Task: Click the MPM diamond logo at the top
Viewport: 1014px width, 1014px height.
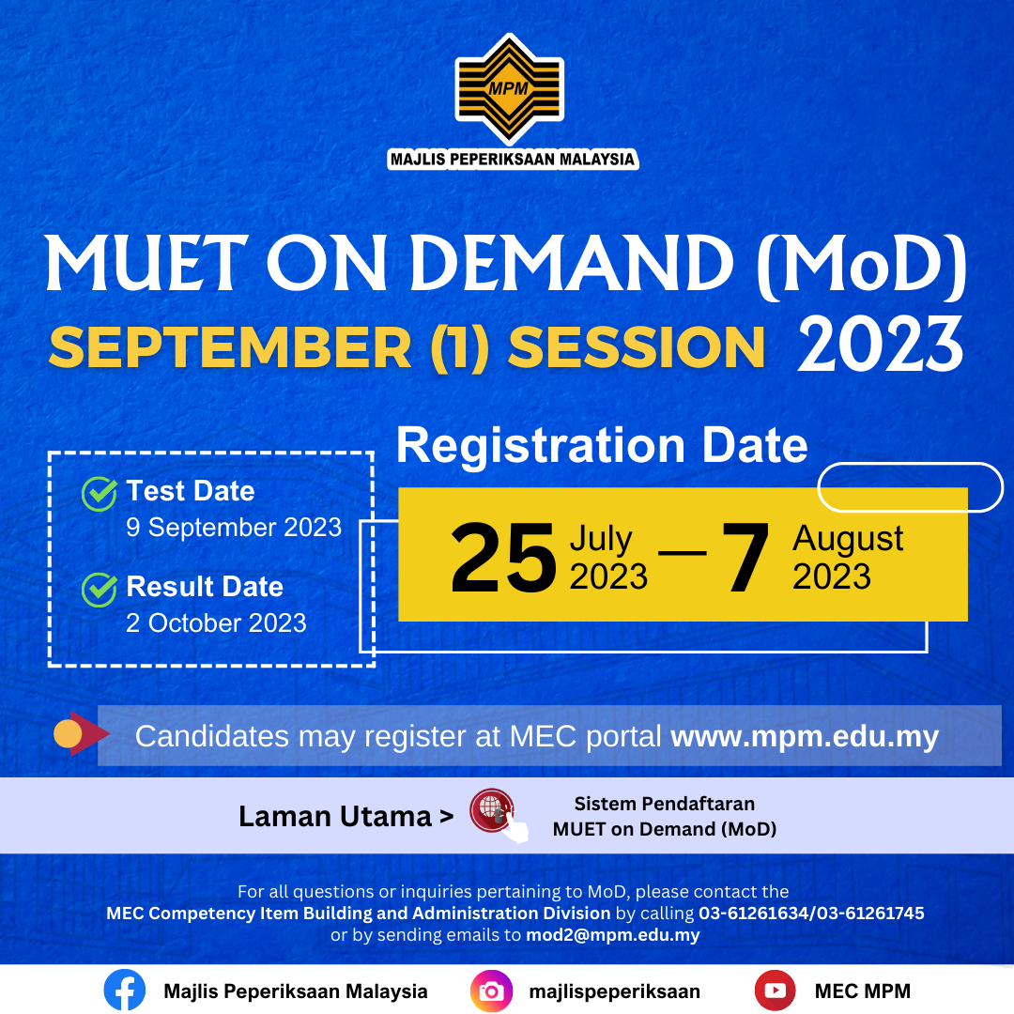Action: click(x=508, y=90)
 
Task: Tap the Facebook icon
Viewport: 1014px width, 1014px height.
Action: click(x=125, y=991)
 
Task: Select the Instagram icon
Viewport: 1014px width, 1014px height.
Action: click(x=491, y=991)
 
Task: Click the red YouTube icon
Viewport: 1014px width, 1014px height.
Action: click(x=775, y=991)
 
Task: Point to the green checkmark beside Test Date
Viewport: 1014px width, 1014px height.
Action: click(x=99, y=494)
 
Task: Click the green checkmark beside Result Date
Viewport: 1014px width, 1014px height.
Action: click(x=99, y=590)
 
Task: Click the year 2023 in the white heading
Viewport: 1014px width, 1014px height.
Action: click(x=880, y=345)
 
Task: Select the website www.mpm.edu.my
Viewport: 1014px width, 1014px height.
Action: click(x=805, y=736)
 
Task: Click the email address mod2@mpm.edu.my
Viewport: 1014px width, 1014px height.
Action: click(x=612, y=935)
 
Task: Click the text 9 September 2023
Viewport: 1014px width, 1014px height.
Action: click(x=234, y=528)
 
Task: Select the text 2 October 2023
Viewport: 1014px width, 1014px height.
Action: click(x=216, y=623)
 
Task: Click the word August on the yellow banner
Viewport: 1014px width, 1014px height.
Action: click(x=848, y=539)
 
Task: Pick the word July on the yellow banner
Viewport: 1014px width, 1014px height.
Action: click(x=601, y=539)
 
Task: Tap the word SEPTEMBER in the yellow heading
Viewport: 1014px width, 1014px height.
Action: click(x=230, y=347)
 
